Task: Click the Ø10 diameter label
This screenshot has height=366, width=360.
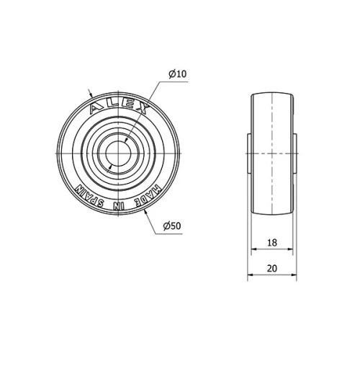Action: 177,74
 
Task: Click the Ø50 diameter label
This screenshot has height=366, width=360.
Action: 171,226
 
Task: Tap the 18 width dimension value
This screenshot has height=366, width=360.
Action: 272,244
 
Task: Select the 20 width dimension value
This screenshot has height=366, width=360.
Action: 272,267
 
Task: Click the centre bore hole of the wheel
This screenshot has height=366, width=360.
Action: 116,153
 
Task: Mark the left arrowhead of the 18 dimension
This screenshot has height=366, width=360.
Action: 253,251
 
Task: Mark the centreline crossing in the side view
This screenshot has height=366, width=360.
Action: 272,153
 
